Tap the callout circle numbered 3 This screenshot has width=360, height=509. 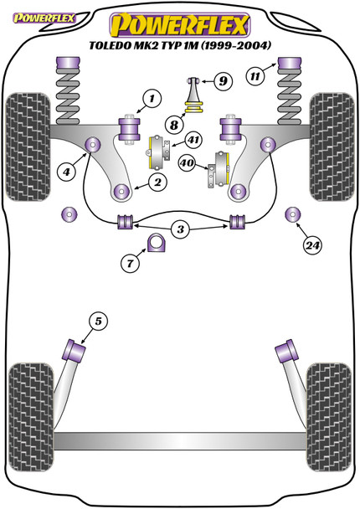[180, 229]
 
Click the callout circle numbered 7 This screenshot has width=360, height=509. [130, 265]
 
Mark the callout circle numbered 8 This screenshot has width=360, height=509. [172, 124]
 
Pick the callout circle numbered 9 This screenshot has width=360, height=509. [221, 81]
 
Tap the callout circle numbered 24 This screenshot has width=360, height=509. [313, 245]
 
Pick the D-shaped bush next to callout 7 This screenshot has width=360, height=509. [157, 244]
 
